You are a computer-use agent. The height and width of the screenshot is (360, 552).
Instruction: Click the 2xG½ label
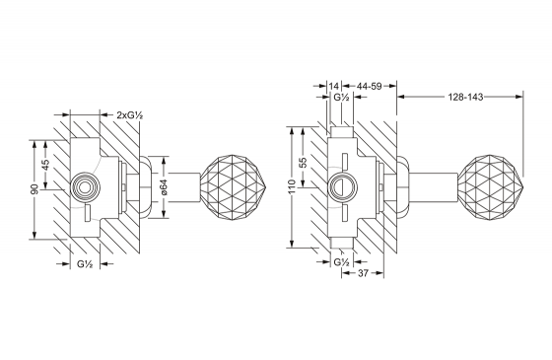tap(129, 114)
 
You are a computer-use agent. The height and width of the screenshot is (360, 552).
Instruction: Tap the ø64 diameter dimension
tap(164, 187)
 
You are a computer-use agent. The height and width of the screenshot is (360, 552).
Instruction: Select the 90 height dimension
tap(34, 189)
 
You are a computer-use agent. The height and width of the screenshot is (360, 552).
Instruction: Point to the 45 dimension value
tap(45, 165)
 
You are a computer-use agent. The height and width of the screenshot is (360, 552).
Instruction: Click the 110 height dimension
tap(292, 187)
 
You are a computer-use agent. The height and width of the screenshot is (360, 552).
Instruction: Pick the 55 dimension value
tap(303, 162)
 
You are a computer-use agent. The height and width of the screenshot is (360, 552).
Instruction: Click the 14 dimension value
tap(334, 87)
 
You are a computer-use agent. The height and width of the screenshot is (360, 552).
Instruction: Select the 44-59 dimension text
tap(370, 87)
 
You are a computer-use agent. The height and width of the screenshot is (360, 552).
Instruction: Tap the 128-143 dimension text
tap(465, 97)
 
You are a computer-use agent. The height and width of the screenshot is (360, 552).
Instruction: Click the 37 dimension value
tap(363, 273)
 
